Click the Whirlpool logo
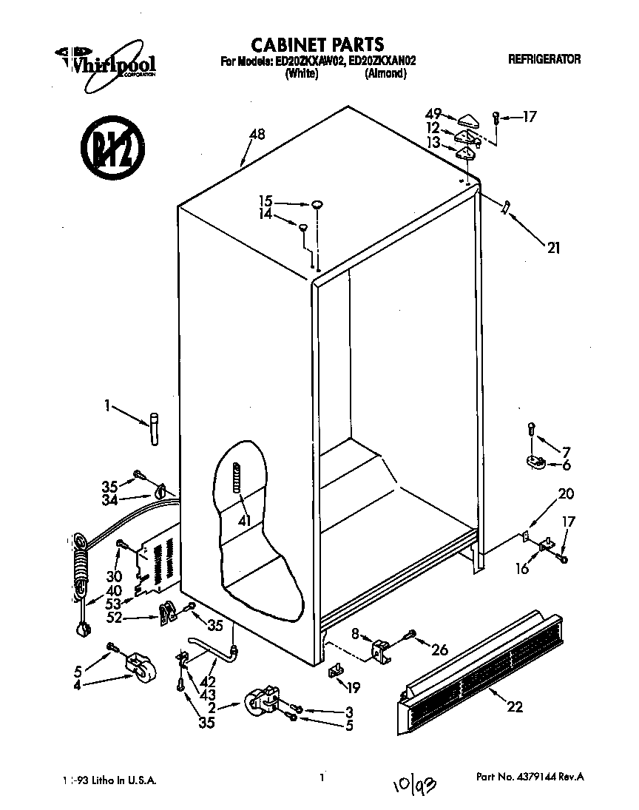pos(106,62)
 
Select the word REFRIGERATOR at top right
pos(544,60)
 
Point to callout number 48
pos(257,135)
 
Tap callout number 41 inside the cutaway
pos(243,520)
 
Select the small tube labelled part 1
pos(153,430)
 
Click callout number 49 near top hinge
pos(433,114)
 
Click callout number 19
pos(354,688)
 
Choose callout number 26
pos(440,650)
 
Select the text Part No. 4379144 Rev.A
pos(530,777)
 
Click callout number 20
pos(566,494)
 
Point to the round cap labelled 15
pos(317,203)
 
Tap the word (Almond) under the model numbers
pos(385,74)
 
